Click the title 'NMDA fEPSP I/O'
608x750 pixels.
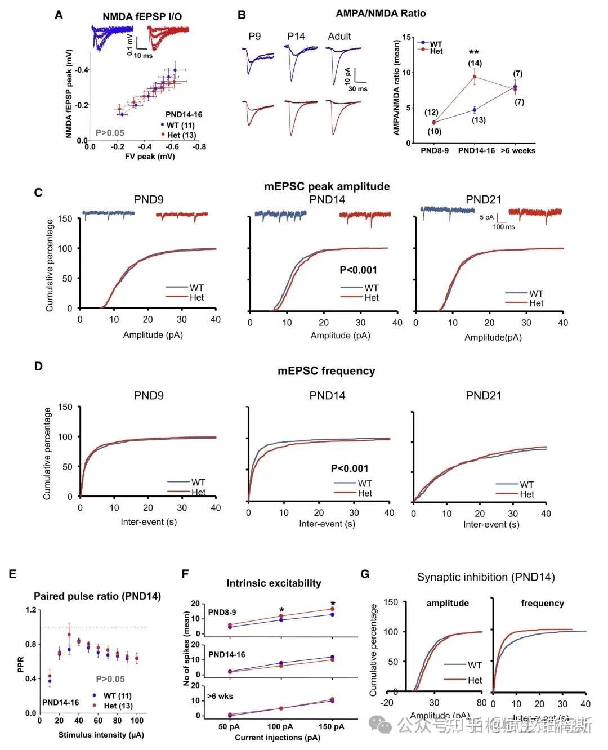click(x=142, y=16)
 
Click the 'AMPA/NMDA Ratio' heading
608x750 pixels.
click(x=381, y=13)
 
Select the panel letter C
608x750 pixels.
click(x=38, y=193)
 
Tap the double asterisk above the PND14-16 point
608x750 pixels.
click(x=474, y=52)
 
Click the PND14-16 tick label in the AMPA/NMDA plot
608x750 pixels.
click(x=476, y=151)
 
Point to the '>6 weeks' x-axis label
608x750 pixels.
click(x=518, y=151)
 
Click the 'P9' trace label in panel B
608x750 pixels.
click(x=254, y=36)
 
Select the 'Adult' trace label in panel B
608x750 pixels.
click(x=339, y=36)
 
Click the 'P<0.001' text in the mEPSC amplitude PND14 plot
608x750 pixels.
click(x=358, y=270)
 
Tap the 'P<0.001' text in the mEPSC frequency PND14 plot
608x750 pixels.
click(x=350, y=468)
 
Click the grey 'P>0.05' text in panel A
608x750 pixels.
click(x=110, y=133)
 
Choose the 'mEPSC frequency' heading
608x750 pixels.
click(x=326, y=371)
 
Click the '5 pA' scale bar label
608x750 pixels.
click(x=486, y=217)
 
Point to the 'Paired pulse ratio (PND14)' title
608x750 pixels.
click(x=97, y=596)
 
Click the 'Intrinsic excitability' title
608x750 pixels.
click(x=274, y=583)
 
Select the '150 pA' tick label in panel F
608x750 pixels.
click(x=332, y=727)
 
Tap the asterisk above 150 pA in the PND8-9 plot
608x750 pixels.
click(x=333, y=604)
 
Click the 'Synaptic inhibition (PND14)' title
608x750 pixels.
click(x=486, y=577)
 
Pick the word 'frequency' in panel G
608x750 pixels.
click(x=542, y=603)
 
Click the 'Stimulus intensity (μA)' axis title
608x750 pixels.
click(x=101, y=735)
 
